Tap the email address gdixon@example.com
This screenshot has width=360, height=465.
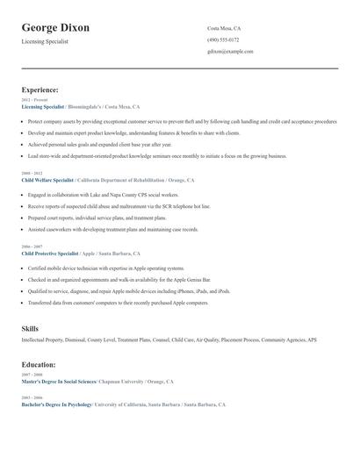230,51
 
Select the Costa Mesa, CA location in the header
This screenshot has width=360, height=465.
224,28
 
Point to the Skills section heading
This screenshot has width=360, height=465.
30,327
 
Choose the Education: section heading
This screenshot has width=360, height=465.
39,364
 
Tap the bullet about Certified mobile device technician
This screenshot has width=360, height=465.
105,268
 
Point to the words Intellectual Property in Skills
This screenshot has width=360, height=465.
42,339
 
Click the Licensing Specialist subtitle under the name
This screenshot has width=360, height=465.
45,41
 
